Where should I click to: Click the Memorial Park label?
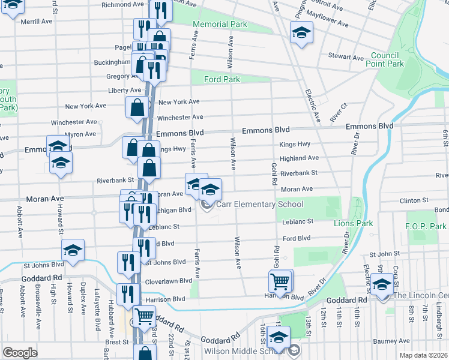click(220, 25)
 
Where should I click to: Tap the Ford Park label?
click(221, 79)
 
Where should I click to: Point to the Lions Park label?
click(353, 223)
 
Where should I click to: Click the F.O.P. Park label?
click(426, 226)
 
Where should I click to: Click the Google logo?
click(20, 353)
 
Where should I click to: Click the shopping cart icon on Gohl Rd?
click(280, 280)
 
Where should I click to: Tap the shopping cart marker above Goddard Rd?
click(144, 316)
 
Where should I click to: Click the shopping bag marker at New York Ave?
click(137, 107)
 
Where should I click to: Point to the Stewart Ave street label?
click(346, 58)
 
